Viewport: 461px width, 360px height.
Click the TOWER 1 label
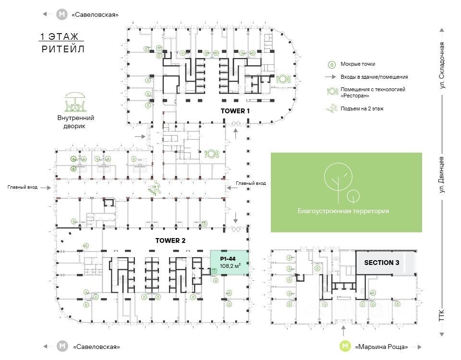click(235, 110)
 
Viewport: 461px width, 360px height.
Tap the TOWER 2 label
click(170, 240)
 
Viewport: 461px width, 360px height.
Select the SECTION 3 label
click(382, 263)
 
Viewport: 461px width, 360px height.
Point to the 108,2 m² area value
click(230, 265)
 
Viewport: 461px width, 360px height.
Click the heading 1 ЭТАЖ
click(61, 37)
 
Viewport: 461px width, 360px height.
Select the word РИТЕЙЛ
click(63, 49)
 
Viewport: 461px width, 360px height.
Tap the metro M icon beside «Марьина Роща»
click(344, 346)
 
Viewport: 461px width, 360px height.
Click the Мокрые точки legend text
click(358, 64)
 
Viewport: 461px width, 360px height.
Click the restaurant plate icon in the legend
click(331, 92)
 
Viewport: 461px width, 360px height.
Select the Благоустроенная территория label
click(343, 211)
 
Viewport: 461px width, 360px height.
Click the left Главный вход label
click(23, 188)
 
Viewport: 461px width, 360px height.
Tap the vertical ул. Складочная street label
click(443, 65)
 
